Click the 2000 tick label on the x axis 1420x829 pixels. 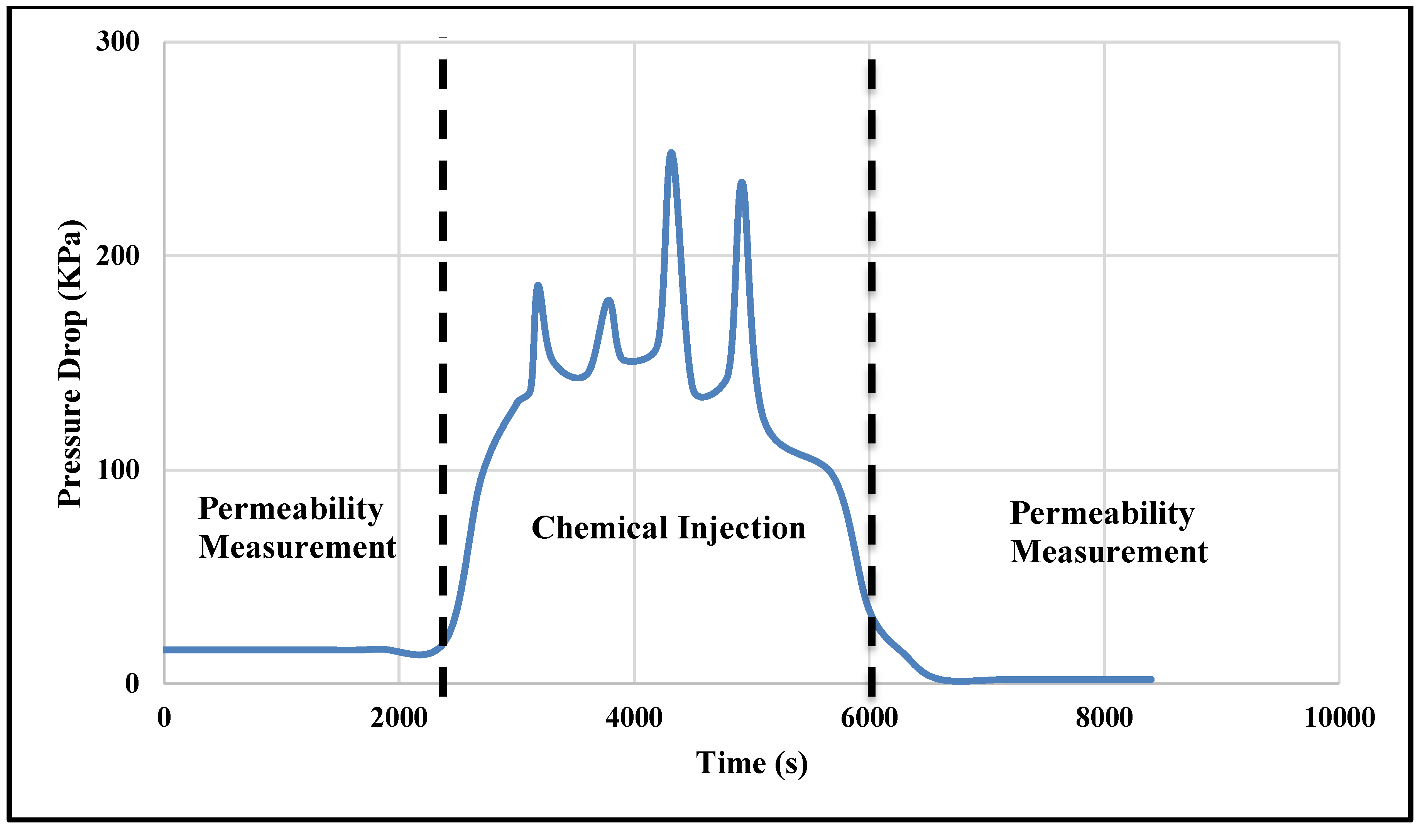tap(399, 718)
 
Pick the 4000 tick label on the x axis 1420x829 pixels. tap(634, 718)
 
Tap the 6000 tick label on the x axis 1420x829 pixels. tap(869, 718)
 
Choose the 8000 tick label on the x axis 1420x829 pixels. tap(1104, 718)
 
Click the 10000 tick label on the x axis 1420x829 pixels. tap(1339, 718)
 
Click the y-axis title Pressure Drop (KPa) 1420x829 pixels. tap(71, 364)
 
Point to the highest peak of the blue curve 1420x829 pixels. tap(671, 153)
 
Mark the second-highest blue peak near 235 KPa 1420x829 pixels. tap(742, 182)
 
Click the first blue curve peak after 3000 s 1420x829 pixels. tap(538, 285)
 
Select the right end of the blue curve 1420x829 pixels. tap(1151, 680)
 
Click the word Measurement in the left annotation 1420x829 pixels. tap(297, 547)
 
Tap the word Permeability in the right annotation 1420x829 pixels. tap(1102, 513)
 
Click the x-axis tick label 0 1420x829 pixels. tap(164, 718)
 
